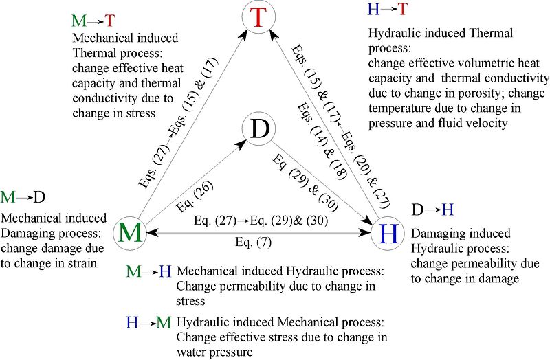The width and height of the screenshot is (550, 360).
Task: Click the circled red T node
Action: click(258, 16)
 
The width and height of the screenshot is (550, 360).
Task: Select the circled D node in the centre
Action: click(259, 128)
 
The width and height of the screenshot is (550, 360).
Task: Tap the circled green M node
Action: click(130, 233)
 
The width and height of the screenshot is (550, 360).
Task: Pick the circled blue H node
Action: click(388, 233)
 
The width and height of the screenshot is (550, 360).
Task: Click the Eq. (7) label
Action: click(253, 243)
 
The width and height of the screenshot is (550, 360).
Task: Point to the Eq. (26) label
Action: click(195, 196)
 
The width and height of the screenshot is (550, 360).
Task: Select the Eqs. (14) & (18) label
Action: click(322, 142)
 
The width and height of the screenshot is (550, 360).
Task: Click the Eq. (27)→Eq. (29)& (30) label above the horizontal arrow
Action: click(261, 221)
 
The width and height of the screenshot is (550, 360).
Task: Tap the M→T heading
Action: click(93, 21)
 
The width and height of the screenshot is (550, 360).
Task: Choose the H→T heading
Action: click(388, 9)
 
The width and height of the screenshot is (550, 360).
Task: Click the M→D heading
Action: click(23, 197)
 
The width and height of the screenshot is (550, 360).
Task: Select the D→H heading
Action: click(432, 210)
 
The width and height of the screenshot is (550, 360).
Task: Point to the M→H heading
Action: click(148, 271)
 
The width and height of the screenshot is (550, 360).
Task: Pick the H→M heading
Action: click(148, 322)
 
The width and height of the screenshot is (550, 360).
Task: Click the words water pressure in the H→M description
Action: click(214, 352)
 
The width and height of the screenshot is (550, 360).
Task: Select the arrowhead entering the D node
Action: click(240, 145)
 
